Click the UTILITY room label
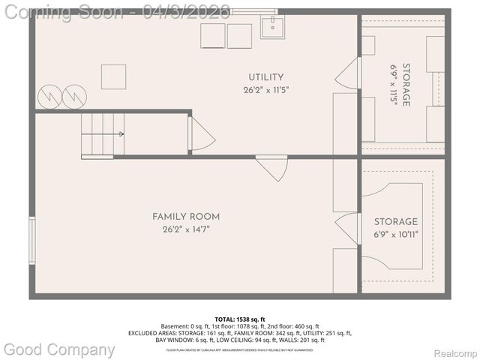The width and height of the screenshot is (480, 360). click(x=265, y=77)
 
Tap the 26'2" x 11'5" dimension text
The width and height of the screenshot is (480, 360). click(x=265, y=89)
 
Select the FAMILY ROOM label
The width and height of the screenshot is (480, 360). click(x=186, y=217)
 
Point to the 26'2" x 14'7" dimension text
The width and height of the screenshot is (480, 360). click(x=186, y=229)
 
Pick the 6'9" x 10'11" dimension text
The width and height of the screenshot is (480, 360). click(x=396, y=234)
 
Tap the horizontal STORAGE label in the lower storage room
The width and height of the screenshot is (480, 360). click(x=396, y=222)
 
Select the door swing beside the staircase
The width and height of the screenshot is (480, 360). click(x=201, y=135)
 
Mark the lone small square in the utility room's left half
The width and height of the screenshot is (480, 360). click(x=113, y=76)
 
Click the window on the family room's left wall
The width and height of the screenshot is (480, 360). click(x=31, y=240)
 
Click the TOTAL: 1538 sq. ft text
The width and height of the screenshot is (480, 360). click(x=239, y=318)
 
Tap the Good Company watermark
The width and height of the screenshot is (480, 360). click(x=60, y=349)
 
